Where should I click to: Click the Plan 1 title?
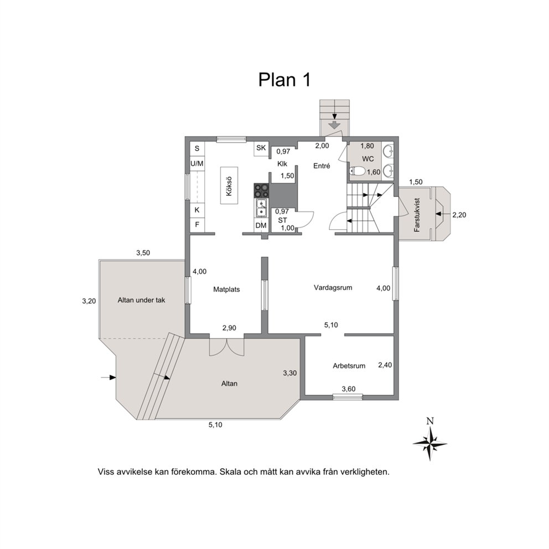[x=284, y=80]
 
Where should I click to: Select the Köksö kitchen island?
[x=229, y=185]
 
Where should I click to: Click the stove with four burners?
[x=261, y=190]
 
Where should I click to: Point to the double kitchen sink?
[x=261, y=208]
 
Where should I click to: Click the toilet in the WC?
[x=357, y=172]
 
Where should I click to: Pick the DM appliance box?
[x=261, y=225]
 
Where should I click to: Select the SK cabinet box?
[x=261, y=148]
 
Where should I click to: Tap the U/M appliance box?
[x=197, y=163]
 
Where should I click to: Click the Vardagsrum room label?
[x=333, y=288]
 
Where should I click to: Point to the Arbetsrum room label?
[x=349, y=366]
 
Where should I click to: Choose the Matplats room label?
[x=226, y=289]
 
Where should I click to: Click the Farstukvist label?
[x=417, y=215]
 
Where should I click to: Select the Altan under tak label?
[x=142, y=300]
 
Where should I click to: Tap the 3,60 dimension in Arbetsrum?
[x=349, y=389]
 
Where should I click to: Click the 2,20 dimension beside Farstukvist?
[x=459, y=215]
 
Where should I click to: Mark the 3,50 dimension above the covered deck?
[x=143, y=253]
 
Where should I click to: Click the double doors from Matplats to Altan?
[x=226, y=347]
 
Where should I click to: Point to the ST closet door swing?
[x=305, y=220]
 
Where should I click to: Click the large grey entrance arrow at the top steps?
[x=335, y=125]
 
